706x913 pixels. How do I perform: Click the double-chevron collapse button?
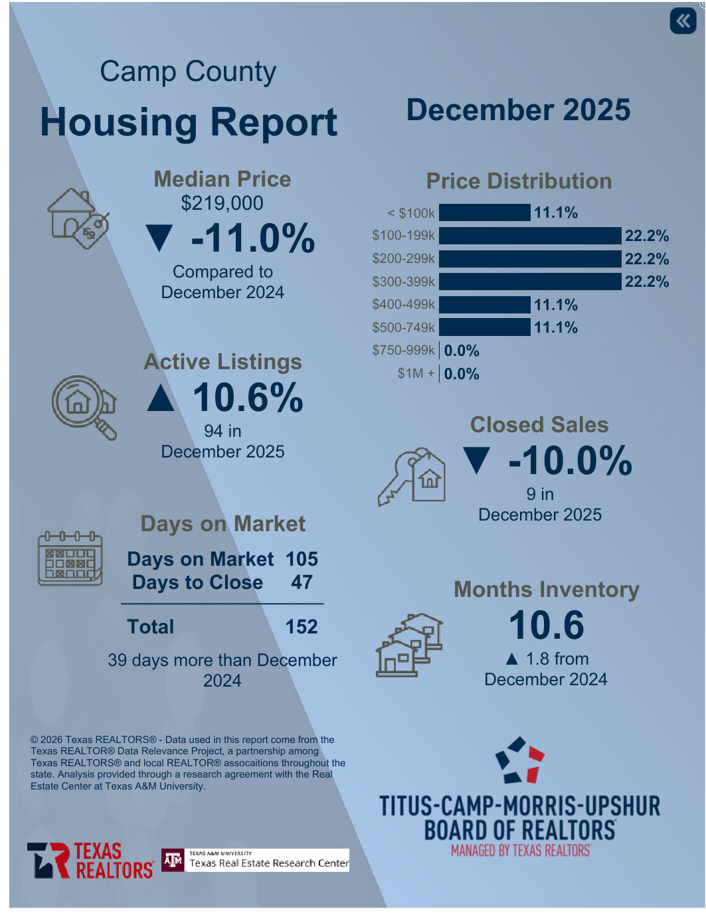[x=683, y=21]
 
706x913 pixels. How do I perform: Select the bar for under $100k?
[x=485, y=212]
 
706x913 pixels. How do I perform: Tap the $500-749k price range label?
[x=403, y=327]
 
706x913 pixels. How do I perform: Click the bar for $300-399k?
[x=530, y=282]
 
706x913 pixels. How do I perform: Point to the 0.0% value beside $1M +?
[x=462, y=374]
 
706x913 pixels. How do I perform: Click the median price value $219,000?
[x=222, y=203]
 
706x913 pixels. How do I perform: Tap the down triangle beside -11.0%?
[x=159, y=238]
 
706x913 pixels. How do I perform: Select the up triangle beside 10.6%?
[x=161, y=398]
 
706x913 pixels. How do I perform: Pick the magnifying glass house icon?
[x=84, y=407]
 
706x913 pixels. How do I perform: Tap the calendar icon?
[x=70, y=558]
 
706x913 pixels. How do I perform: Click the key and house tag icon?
[x=412, y=477]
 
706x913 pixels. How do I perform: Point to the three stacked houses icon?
[x=409, y=645]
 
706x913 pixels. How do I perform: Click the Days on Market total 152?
[x=302, y=627]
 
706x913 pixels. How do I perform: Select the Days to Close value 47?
[x=302, y=582]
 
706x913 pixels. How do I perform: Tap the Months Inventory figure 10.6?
[x=546, y=625]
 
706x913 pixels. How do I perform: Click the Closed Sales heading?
[x=539, y=425]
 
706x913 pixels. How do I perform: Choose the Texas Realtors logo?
[x=90, y=861]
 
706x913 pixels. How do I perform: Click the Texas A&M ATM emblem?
[x=173, y=861]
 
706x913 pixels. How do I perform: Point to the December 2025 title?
[x=518, y=110]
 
